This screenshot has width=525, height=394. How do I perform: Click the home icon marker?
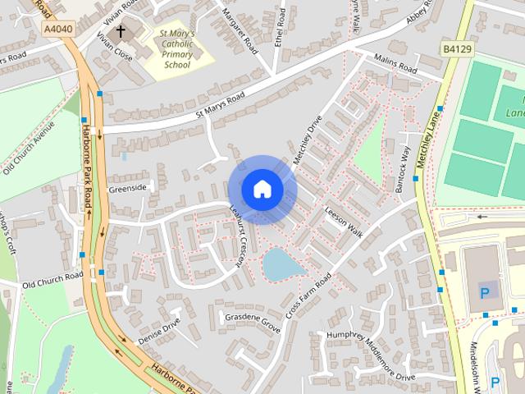coord(262,189)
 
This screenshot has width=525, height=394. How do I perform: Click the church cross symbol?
coord(121,32)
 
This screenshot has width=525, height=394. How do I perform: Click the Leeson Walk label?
coord(343,218)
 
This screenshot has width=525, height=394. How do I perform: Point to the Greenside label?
coord(129,188)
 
